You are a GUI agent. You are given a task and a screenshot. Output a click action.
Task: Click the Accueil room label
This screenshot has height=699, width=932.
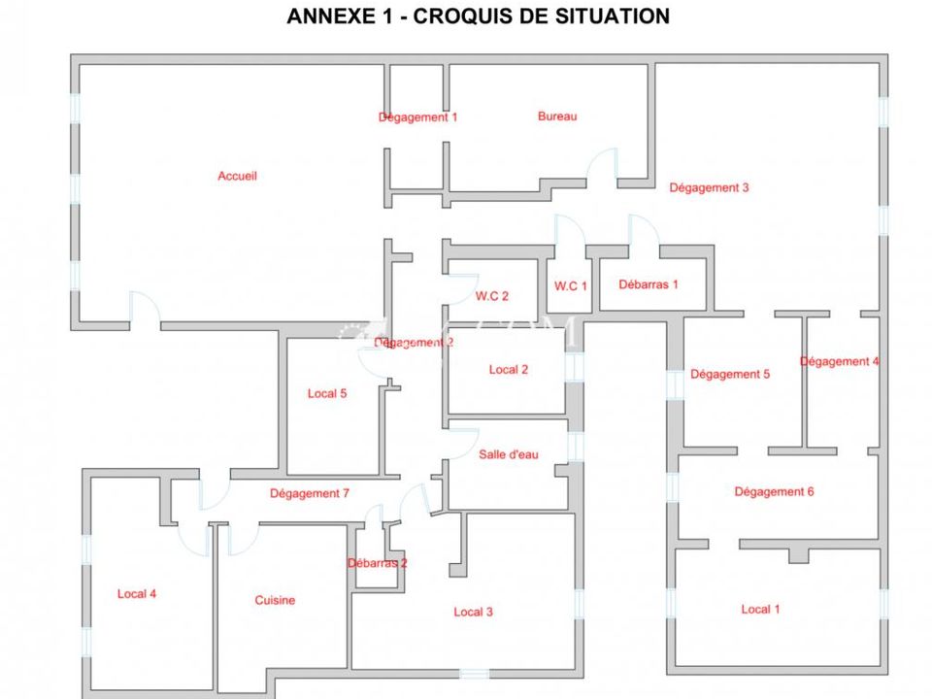click(237, 176)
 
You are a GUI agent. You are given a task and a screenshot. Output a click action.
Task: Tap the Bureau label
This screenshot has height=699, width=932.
click(557, 116)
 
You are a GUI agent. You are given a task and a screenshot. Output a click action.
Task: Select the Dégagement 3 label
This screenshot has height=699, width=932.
click(709, 187)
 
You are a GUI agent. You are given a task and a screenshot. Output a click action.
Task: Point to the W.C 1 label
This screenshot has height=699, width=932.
click(571, 285)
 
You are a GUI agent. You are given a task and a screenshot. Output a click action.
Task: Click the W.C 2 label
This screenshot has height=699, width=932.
click(491, 296)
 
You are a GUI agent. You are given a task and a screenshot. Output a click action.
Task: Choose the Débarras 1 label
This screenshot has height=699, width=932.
click(648, 284)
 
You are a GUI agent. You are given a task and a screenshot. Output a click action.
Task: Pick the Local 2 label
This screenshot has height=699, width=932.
click(508, 370)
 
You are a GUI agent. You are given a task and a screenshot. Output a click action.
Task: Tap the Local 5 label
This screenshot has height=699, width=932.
click(327, 393)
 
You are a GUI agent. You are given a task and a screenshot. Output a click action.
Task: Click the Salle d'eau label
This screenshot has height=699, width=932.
click(508, 454)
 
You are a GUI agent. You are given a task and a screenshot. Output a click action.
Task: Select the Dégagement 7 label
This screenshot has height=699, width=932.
click(309, 493)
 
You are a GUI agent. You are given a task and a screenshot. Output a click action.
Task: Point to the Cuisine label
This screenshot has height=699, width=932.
click(275, 600)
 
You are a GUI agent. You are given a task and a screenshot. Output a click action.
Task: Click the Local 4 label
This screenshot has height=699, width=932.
click(137, 594)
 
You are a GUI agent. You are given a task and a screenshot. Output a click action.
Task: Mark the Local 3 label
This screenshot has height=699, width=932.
click(473, 613)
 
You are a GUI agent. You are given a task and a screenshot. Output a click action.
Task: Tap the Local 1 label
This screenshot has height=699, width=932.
click(760, 610)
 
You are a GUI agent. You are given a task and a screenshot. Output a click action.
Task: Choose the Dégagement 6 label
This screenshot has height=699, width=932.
click(774, 492)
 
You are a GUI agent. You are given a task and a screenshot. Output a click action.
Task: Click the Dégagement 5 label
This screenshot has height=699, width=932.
click(730, 375)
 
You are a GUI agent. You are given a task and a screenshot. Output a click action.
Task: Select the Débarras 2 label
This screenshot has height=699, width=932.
click(378, 563)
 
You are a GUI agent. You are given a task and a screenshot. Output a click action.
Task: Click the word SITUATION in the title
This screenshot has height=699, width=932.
click(613, 17)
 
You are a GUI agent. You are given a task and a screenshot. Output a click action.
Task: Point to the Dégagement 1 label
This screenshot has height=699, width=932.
click(417, 117)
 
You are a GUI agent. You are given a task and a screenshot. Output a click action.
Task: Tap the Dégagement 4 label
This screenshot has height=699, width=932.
click(839, 362)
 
